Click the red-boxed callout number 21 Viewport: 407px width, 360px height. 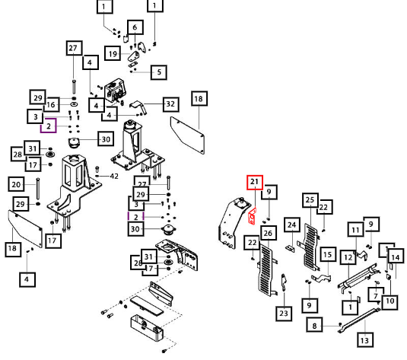pos(255,183)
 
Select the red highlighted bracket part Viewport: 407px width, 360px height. pos(252,216)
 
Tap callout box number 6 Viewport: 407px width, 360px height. pos(135,27)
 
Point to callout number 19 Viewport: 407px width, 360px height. pos(113,53)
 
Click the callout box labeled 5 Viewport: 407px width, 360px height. pos(158,72)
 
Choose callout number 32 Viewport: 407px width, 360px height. pos(171,104)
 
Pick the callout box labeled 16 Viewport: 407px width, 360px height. pos(51,105)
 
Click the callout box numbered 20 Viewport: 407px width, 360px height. pos(16,184)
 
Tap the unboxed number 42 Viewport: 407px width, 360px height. pos(114,176)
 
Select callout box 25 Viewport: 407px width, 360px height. pos(310,200)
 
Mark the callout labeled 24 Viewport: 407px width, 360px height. pos(292,225)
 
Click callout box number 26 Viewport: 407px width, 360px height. pos(269,233)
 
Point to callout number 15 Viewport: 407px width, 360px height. pos(328,254)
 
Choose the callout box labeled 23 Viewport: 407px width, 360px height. pos(284,314)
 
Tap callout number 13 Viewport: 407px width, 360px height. pos(365,339)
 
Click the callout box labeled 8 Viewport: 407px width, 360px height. pos(314,325)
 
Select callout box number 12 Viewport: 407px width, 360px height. pos(348,257)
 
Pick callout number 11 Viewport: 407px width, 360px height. pos(355,229)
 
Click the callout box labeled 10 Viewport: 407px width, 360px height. pos(390,301)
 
